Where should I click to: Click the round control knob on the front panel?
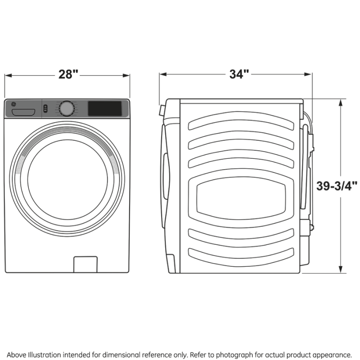pyautogui.click(x=66, y=108)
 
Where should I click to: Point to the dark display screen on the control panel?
pyautogui.click(x=104, y=108)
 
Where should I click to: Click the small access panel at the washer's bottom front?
pyautogui.click(x=85, y=264)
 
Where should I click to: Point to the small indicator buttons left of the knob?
pyautogui.click(x=45, y=108)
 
